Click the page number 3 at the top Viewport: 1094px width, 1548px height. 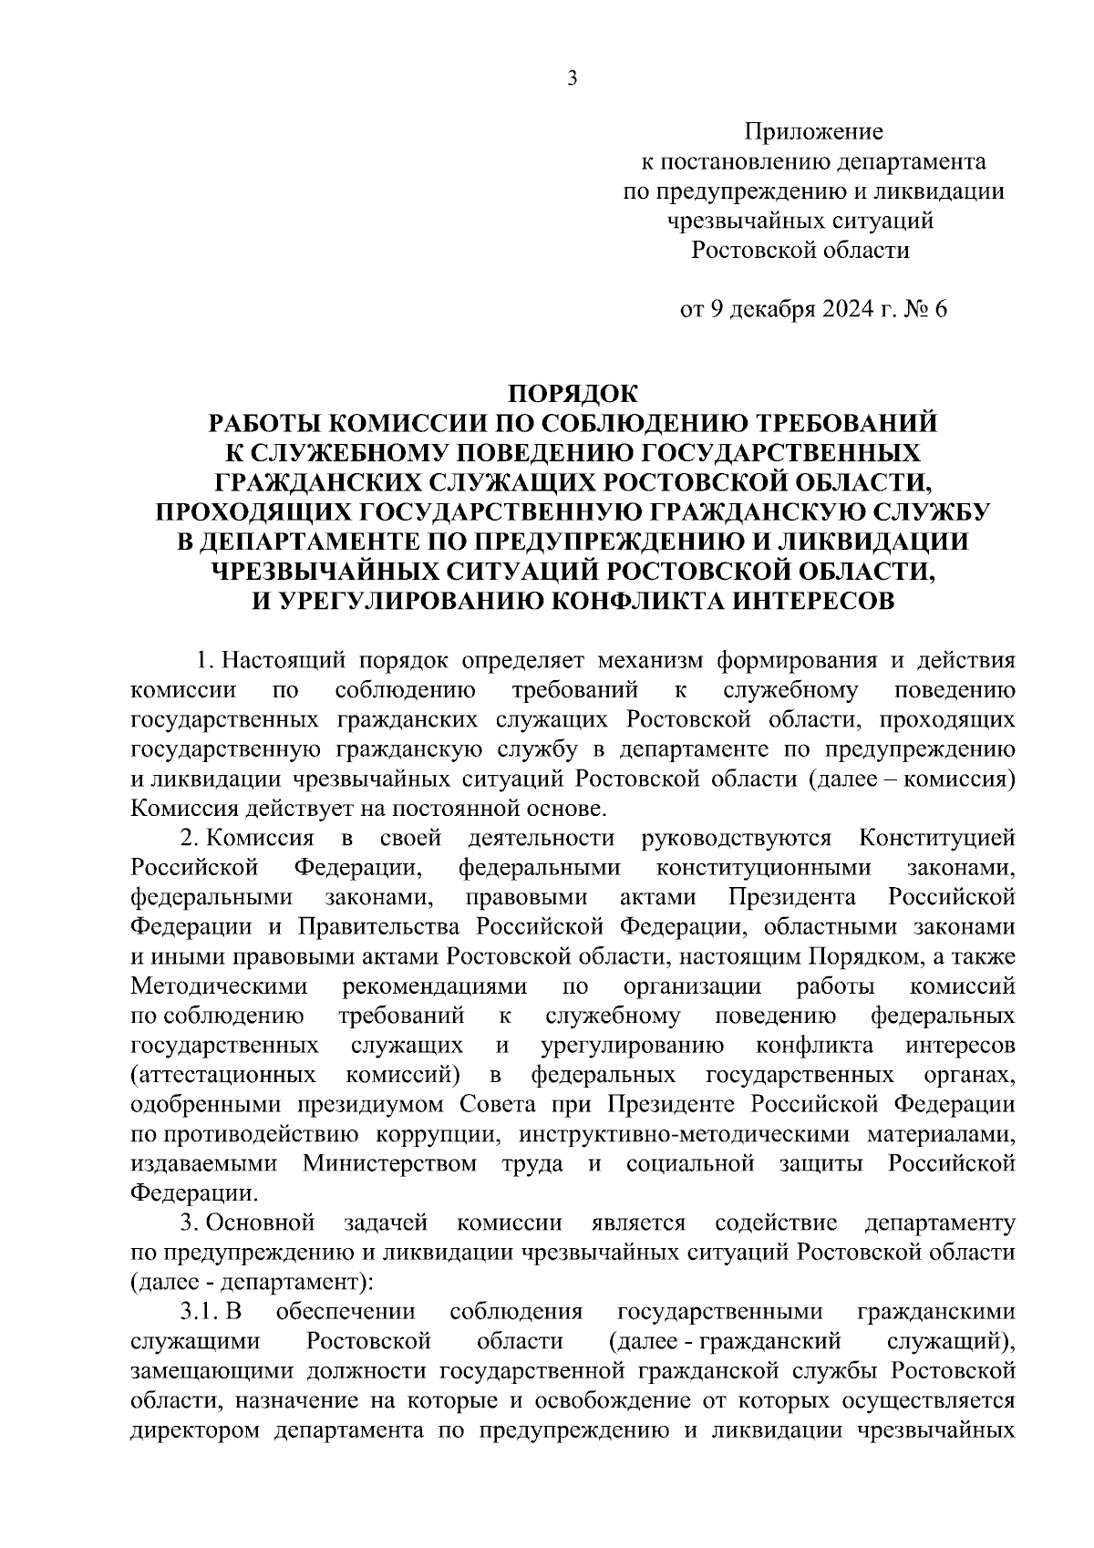click(x=572, y=78)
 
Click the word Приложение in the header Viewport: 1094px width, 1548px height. click(x=813, y=132)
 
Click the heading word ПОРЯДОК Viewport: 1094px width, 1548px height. click(x=573, y=394)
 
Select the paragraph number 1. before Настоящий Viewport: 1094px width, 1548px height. click(x=205, y=660)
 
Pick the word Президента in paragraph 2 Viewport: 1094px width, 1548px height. click(x=791, y=897)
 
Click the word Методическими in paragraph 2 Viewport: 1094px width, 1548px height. click(x=220, y=986)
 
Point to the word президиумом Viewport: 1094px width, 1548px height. click(x=371, y=1104)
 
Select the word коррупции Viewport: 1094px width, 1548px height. click(x=436, y=1134)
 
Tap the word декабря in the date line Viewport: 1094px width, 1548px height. click(x=772, y=309)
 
